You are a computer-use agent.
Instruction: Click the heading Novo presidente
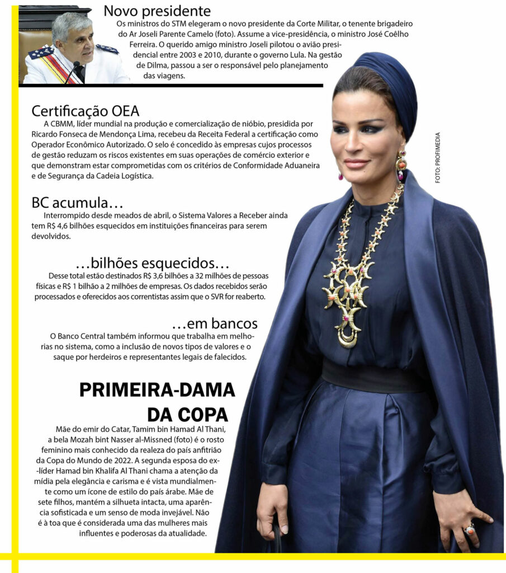pyautogui.click(x=157, y=11)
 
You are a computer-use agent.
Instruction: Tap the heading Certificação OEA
pyautogui.click(x=85, y=111)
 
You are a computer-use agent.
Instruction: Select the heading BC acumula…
pyautogui.click(x=77, y=203)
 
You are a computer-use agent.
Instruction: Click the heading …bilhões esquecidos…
pyautogui.click(x=152, y=263)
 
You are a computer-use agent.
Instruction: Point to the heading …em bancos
pyautogui.click(x=215, y=323)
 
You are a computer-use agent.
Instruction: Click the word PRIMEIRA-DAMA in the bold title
pyautogui.click(x=157, y=390)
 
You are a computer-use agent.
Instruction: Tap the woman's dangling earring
pyautogui.click(x=401, y=165)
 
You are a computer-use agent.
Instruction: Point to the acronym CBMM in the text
pyautogui.click(x=64, y=124)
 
